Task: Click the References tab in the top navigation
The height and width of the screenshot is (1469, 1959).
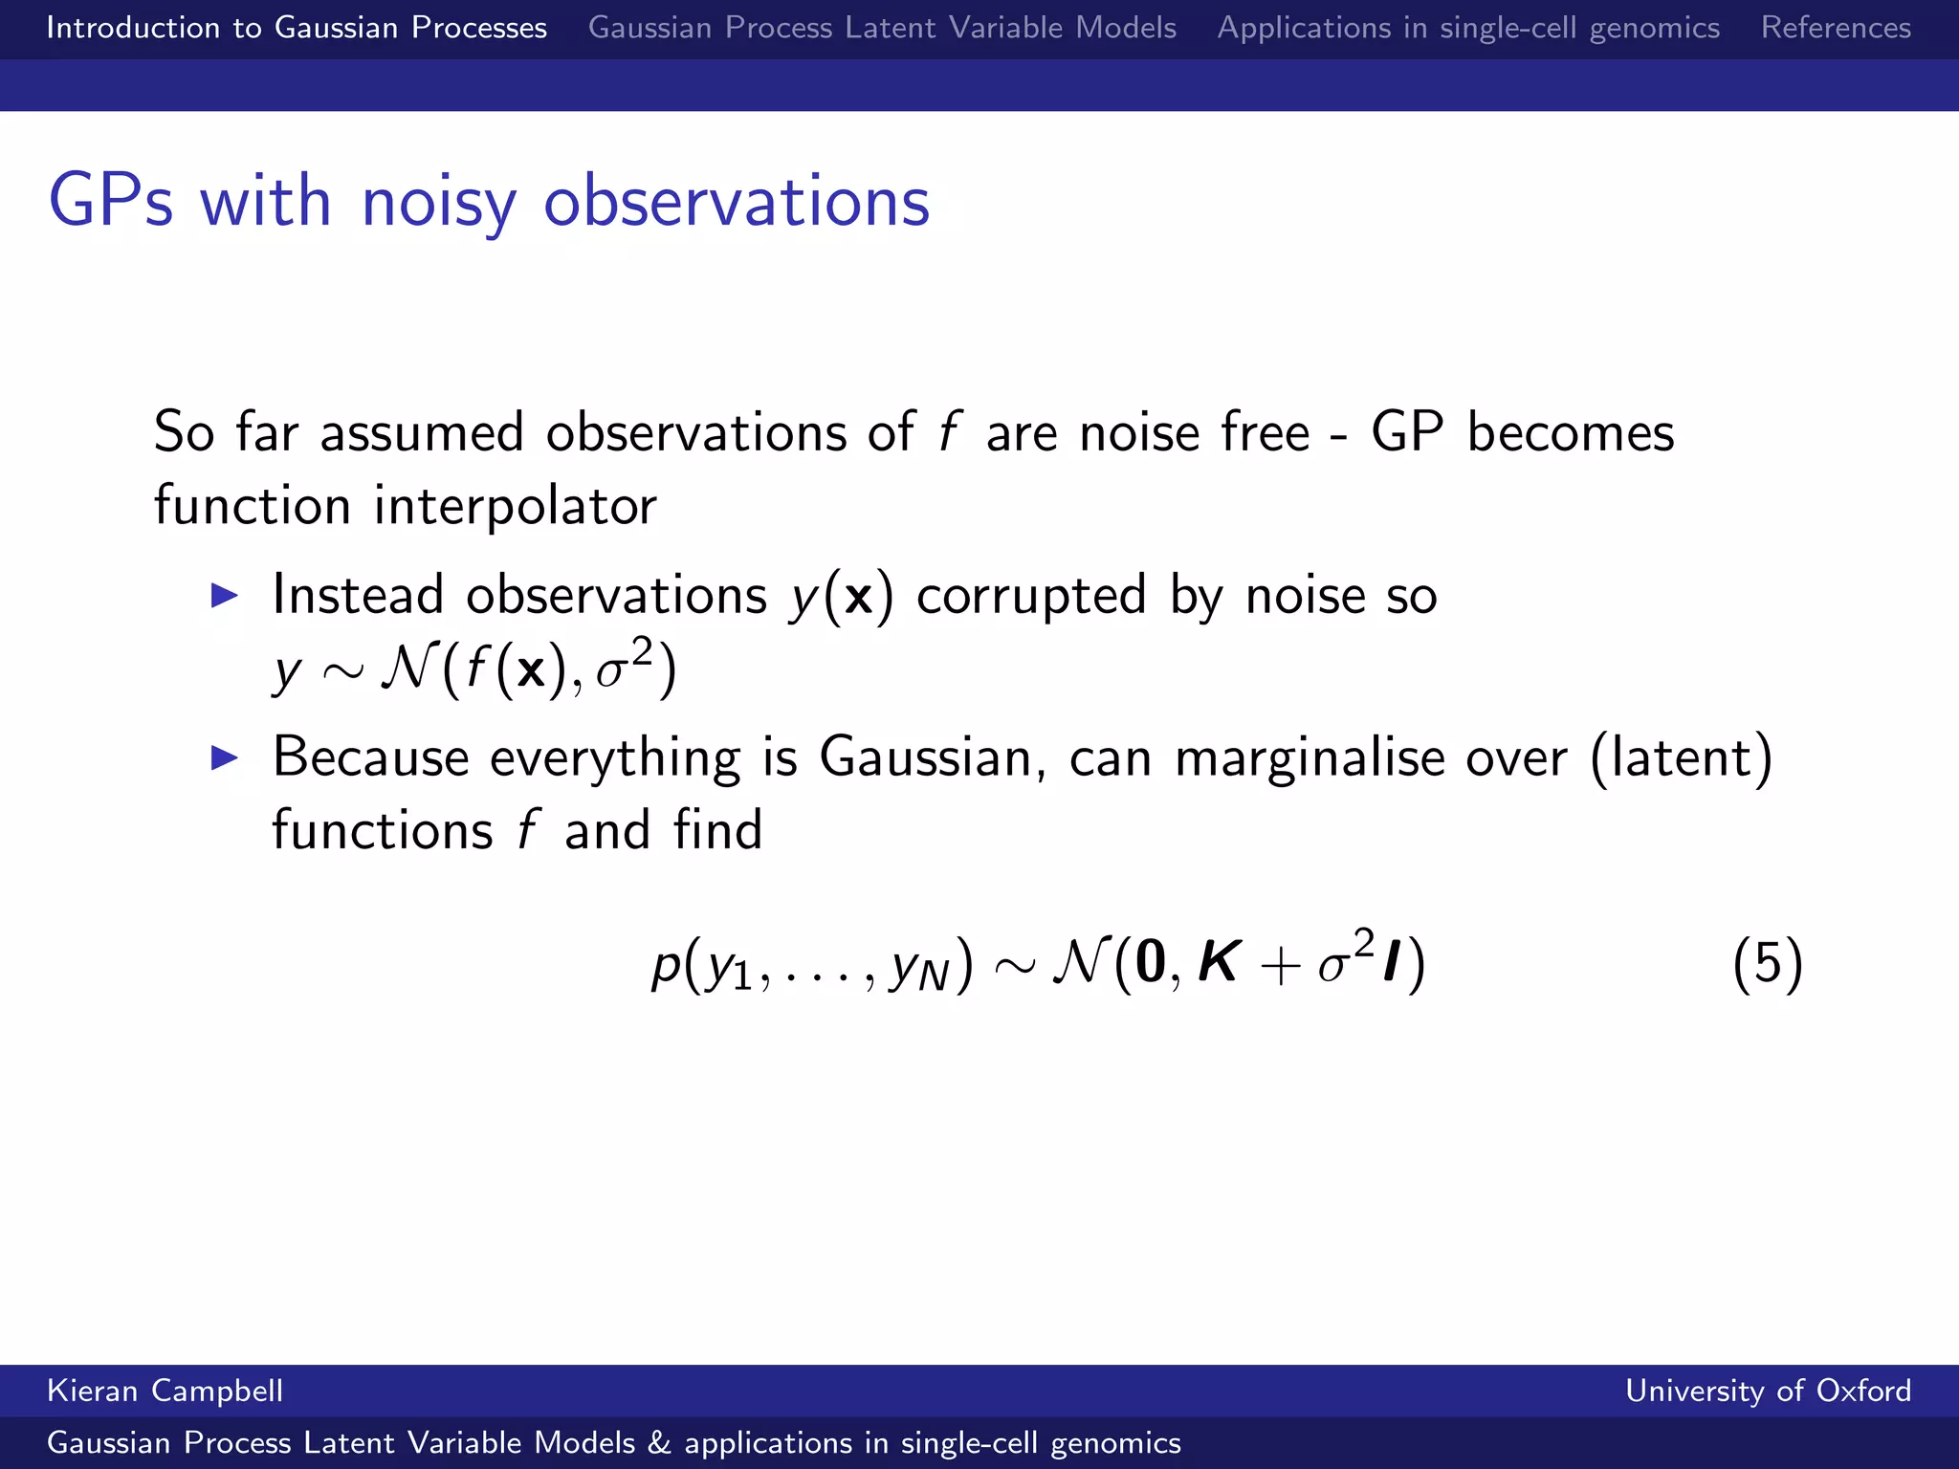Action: click(x=1836, y=28)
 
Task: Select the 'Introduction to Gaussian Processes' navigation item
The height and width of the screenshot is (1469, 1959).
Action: click(x=297, y=28)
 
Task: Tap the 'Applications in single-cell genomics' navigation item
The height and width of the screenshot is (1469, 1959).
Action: click(x=1468, y=28)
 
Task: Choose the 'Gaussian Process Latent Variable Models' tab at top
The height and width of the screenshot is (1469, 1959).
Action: click(x=882, y=28)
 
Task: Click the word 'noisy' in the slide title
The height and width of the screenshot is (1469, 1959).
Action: click(x=439, y=203)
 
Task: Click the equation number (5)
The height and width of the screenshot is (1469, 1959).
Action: click(x=1767, y=963)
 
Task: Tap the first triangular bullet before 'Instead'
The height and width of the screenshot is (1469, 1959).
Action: click(x=224, y=596)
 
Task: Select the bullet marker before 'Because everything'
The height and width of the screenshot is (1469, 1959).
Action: click(x=224, y=758)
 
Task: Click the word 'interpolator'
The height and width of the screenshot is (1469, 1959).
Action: click(x=515, y=506)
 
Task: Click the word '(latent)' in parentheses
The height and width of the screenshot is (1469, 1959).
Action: click(x=1682, y=758)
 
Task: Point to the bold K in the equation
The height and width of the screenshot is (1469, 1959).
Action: click(x=1220, y=962)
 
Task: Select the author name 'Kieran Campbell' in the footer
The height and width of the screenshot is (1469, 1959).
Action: click(x=165, y=1391)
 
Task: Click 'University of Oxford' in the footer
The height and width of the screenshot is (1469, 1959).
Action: click(x=1768, y=1391)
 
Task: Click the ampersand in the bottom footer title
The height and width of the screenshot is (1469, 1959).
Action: click(x=659, y=1443)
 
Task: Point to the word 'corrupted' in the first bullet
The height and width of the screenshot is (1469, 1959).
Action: click(x=1031, y=596)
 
